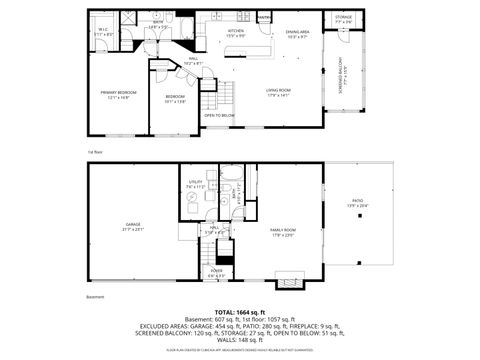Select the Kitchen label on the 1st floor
(236, 31)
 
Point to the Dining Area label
(297, 32)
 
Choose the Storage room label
(343, 17)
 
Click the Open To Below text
(219, 115)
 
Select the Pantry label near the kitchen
(264, 17)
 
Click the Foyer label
(216, 271)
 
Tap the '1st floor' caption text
(95, 151)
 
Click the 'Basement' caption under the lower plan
(95, 297)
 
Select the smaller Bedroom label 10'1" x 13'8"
(176, 97)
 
